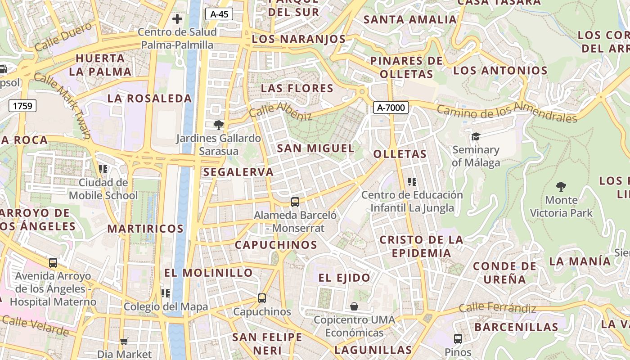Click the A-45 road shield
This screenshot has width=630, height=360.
220,14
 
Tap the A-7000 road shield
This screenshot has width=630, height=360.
391,108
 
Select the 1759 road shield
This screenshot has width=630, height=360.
22,106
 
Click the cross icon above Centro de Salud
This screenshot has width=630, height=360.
177,19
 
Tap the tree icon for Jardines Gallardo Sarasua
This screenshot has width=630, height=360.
219,125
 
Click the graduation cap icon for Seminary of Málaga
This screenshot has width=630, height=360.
476,136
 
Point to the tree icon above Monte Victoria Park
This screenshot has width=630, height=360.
561,186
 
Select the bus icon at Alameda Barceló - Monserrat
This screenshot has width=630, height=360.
295,202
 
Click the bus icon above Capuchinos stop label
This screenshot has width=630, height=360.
262,298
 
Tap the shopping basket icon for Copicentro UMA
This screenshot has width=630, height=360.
354,306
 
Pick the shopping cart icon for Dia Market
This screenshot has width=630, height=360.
124,342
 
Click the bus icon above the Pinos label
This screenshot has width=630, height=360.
458,339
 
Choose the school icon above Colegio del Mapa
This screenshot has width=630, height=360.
166,293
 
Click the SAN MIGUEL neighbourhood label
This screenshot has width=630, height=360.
315,148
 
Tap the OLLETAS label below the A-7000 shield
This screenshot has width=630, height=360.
400,154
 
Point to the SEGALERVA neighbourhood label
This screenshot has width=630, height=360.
238,172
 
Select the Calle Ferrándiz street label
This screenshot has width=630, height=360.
497,308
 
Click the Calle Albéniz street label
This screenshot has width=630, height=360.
280,110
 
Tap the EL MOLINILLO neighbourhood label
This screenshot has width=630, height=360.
208,273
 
